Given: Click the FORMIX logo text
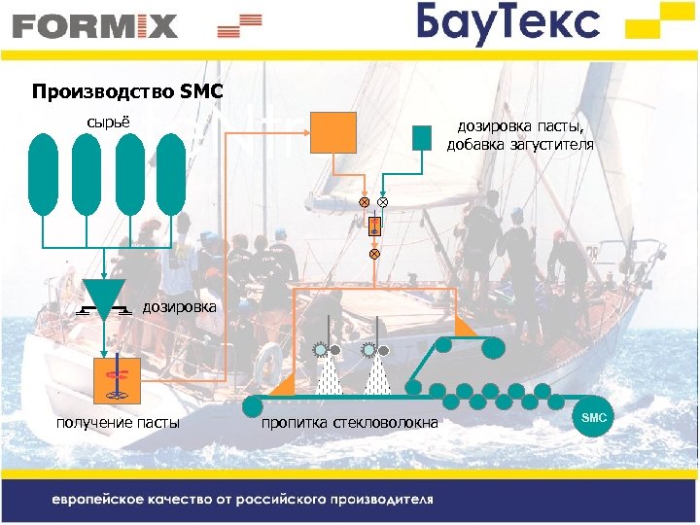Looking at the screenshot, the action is coord(95,25).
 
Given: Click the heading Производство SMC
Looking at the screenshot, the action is coord(127,93).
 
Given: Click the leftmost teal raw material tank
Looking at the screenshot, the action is coord(44,173).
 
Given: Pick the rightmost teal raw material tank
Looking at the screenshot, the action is coord(171,173).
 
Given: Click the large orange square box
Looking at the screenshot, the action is coord(333,131).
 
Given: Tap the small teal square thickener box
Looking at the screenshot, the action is coord(421,138).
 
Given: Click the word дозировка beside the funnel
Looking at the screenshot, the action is coord(180,307).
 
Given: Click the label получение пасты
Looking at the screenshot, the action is coord(118,421).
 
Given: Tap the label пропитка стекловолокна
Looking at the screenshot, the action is coord(350,421).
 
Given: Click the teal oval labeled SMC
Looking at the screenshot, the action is coord(594,417).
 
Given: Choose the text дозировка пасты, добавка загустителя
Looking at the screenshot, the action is coord(520,136).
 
